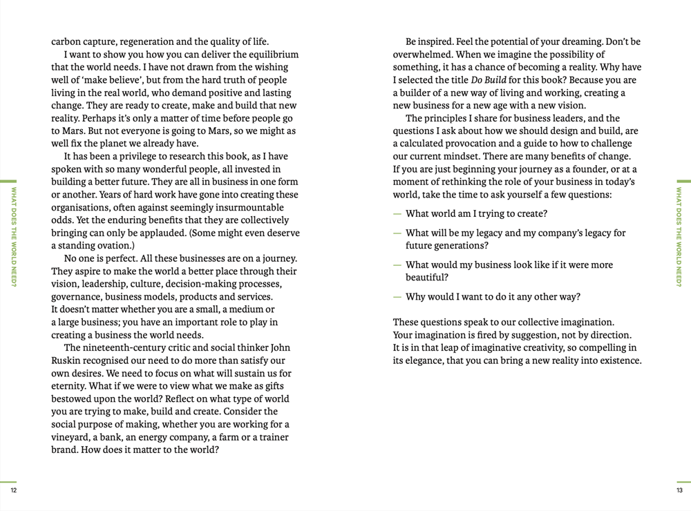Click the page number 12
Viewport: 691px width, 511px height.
coord(12,490)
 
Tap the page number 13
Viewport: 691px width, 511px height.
coord(679,490)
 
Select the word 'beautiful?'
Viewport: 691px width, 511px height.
coord(428,278)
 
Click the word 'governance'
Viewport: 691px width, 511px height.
coord(77,297)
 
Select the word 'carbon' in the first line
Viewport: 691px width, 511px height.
coord(67,41)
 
